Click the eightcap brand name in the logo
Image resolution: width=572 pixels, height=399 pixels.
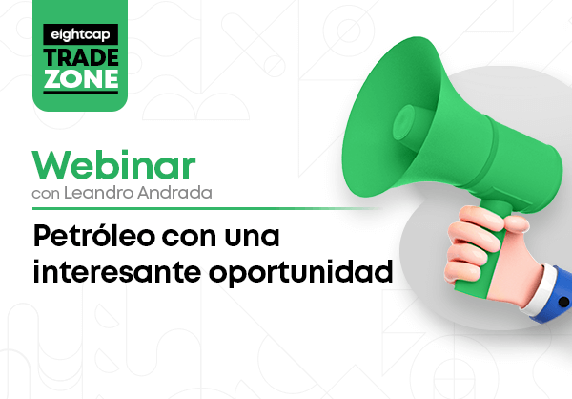[80, 34]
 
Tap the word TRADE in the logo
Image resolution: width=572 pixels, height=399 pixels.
[81, 57]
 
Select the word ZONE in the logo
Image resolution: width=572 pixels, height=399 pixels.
[81, 78]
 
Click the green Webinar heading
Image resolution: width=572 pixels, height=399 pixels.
[113, 165]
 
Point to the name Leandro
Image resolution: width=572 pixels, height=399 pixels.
[99, 193]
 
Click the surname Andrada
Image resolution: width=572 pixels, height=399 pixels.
[174, 193]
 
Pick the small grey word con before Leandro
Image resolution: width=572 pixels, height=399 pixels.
[46, 194]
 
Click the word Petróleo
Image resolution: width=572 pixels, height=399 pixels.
[93, 236]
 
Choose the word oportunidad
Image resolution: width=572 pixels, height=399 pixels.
[300, 273]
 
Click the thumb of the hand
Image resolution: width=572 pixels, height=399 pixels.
[515, 223]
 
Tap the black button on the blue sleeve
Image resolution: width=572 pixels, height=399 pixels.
[563, 302]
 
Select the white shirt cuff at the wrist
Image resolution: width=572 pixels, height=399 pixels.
[537, 288]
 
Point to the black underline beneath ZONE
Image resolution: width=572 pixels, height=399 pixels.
[81, 93]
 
